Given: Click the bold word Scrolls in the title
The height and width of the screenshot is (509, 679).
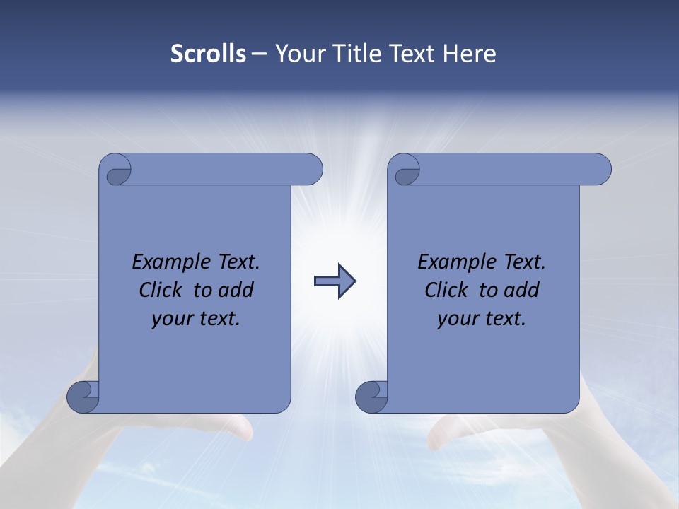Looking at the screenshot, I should point(208,54).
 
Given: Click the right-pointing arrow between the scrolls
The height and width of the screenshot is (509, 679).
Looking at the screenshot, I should point(335,281).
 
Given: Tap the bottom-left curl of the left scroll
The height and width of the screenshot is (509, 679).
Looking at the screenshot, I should point(82,396).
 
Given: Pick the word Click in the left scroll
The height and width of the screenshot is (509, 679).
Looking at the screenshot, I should point(161,290).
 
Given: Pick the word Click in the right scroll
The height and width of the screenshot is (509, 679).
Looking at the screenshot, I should point(446,290).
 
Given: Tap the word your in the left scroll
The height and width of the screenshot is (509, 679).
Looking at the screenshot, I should point(170,319).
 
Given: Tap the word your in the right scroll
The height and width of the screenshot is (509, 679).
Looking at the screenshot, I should point(456,319).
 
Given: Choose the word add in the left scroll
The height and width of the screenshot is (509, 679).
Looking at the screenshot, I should point(236,290).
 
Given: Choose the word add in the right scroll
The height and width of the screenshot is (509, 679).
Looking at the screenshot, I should point(521,290).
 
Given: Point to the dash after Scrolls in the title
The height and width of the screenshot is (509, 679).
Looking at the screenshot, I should point(260,54).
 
